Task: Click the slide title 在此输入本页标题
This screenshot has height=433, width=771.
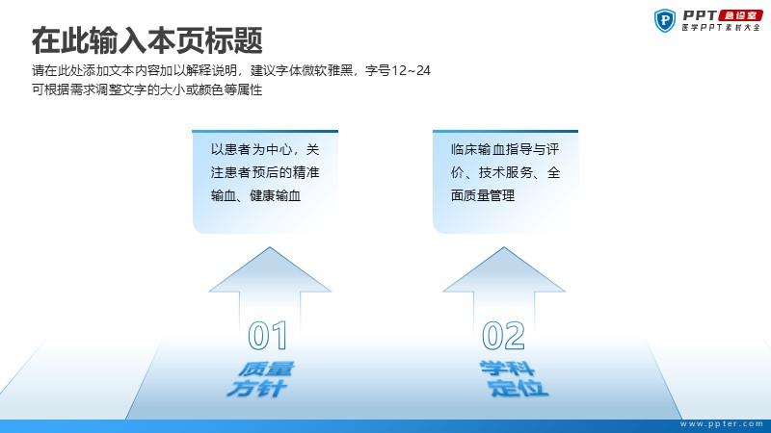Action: pos(147,40)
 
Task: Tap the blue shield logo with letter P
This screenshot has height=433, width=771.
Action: pos(665,20)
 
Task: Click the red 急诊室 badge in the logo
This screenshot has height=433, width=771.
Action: pos(740,15)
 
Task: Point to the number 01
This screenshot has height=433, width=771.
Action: pos(268,336)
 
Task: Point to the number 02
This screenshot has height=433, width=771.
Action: pos(503,336)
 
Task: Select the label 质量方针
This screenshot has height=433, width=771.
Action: pos(260,378)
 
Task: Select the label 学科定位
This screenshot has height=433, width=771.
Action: pos(513,378)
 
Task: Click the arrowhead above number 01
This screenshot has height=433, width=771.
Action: pos(270,270)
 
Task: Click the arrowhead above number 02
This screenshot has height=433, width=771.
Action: pos(504,270)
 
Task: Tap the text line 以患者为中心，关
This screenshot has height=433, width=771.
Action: pos(265,149)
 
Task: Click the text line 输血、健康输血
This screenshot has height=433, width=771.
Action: pos(255,195)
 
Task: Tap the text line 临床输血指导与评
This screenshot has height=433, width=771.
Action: pos(505,149)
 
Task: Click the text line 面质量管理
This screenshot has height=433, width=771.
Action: pos(483,195)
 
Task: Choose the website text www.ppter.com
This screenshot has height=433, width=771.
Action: pos(722,423)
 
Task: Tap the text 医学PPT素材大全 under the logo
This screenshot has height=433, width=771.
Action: pos(721,28)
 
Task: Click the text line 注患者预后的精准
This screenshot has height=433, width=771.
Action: pos(265,172)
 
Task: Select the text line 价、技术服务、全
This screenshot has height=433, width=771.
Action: pos(505,172)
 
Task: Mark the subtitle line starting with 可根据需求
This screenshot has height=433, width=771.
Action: pos(147,89)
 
